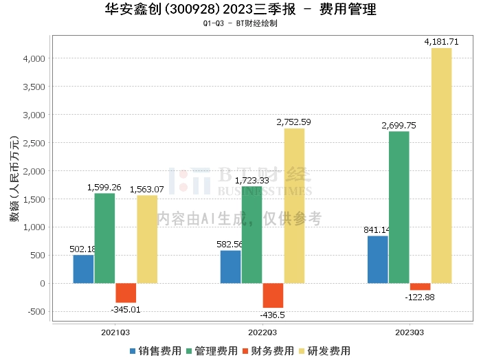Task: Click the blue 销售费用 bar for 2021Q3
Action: tap(83, 269)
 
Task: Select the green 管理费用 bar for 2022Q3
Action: tap(251, 234)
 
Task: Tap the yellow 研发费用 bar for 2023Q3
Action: tap(441, 165)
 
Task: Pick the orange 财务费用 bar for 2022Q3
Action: tap(273, 295)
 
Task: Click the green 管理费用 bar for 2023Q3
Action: tap(399, 207)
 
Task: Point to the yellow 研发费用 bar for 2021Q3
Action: tap(147, 239)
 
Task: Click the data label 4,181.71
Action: tap(441, 42)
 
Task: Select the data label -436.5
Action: tap(273, 315)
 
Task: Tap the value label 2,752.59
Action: tap(293, 122)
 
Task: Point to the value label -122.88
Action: tap(420, 297)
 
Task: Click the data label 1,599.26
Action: tap(104, 187)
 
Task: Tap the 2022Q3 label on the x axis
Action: tap(262, 332)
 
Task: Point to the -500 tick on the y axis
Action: tap(36, 311)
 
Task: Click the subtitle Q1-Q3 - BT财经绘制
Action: tap(240, 23)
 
